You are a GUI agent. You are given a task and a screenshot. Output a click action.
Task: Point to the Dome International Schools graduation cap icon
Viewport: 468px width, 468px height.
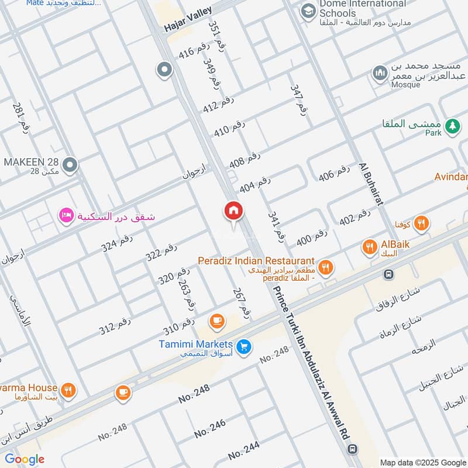308,10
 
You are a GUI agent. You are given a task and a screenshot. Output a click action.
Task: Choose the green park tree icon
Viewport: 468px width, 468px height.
452,126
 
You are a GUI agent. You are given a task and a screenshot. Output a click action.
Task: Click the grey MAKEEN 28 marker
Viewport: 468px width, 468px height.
70,166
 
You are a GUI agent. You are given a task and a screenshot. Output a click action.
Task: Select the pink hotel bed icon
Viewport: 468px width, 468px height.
65,216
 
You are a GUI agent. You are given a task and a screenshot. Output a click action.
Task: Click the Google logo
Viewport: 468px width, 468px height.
24,459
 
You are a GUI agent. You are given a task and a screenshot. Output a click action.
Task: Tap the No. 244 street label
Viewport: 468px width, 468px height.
244,451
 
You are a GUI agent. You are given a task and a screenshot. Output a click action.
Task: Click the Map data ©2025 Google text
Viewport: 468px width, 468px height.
422,462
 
